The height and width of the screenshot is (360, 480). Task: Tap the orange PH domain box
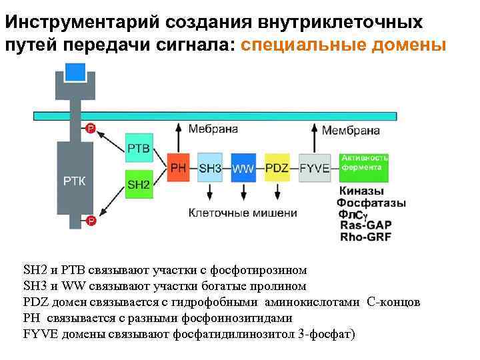pyautogui.click(x=179, y=168)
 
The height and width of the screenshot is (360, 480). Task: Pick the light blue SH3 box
pyautogui.click(x=210, y=168)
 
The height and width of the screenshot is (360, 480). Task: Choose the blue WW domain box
pyautogui.click(x=243, y=168)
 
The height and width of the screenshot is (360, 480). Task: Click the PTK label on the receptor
pyautogui.click(x=73, y=180)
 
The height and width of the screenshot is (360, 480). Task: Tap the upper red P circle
pyautogui.click(x=91, y=127)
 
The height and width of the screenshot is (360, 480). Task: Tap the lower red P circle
pyautogui.click(x=91, y=221)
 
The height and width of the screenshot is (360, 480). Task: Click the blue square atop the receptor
pyautogui.click(x=74, y=73)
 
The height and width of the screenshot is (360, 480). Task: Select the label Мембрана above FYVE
pyautogui.click(x=351, y=131)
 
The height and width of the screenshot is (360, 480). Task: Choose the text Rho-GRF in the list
pyautogui.click(x=365, y=236)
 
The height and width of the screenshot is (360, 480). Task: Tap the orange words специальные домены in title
pyautogui.click(x=343, y=46)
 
